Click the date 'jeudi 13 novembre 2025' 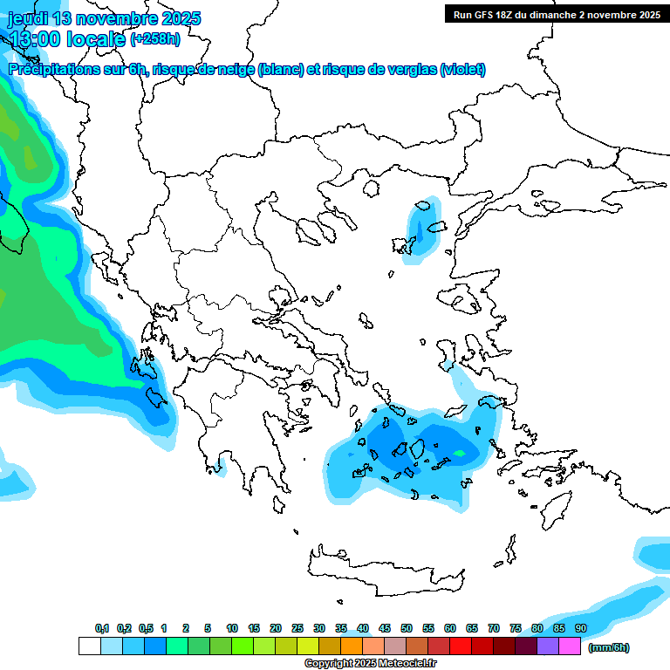tap(104, 18)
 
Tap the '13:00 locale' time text tap(66, 38)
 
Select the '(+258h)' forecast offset tap(155, 38)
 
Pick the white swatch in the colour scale tap(89, 646)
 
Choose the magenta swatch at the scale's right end tap(570, 646)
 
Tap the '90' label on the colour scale tap(581, 628)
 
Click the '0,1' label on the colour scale tap(102, 628)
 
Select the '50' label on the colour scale tap(407, 628)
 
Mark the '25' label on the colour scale tap(297, 628)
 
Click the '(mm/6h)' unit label tap(609, 647)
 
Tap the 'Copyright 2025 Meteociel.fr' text tap(370, 664)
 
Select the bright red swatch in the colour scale tap(461, 646)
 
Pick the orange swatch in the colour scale tap(352, 646)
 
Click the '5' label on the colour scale tap(208, 628)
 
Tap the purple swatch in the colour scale tap(548, 646)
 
